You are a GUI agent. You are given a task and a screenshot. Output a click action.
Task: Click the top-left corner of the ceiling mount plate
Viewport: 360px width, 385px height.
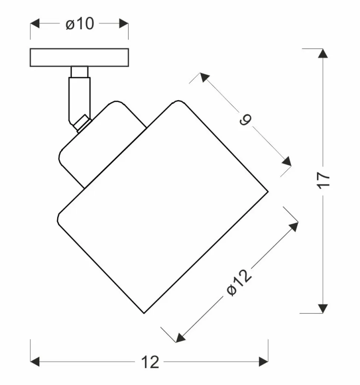coord(30,49)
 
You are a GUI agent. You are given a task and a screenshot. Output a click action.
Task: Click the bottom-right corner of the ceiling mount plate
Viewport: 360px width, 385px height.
coord(128,66)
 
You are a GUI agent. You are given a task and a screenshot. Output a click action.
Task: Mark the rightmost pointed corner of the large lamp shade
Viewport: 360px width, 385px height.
coord(268,191)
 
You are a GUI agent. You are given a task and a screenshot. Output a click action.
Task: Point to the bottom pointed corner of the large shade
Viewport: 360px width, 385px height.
coord(144,313)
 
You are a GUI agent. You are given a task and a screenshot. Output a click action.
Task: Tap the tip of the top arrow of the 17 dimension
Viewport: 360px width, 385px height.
coord(323,49)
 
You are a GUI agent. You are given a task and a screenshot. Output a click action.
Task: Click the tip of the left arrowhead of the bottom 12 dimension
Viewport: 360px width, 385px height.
coord(30,362)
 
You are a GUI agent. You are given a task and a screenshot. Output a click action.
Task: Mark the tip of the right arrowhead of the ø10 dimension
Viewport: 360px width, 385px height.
coord(128,24)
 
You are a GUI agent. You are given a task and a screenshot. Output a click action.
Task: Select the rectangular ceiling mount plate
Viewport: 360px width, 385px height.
coord(79,57)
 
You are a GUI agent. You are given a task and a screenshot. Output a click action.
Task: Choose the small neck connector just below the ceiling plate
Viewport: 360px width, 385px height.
coord(79,72)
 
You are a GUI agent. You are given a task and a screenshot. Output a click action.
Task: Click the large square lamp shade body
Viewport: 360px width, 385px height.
coord(163,207)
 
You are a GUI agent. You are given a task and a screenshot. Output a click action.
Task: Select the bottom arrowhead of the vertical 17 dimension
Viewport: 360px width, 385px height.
coord(323,309)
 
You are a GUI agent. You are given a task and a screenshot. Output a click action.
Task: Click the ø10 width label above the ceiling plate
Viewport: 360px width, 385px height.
coord(80,24)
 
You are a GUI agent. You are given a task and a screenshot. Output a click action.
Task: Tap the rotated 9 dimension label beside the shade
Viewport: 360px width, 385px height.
coord(246,120)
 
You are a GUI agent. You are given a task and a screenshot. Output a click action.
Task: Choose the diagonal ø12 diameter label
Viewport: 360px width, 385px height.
coord(239,283)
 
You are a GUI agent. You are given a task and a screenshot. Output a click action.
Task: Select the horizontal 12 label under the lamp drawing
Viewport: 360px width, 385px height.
coord(150,362)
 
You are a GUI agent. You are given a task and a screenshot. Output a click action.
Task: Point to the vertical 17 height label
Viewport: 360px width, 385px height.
coord(323,181)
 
